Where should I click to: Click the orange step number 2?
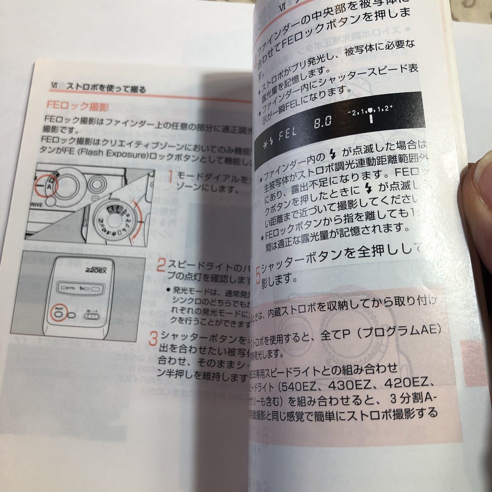162,265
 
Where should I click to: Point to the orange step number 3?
153,339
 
